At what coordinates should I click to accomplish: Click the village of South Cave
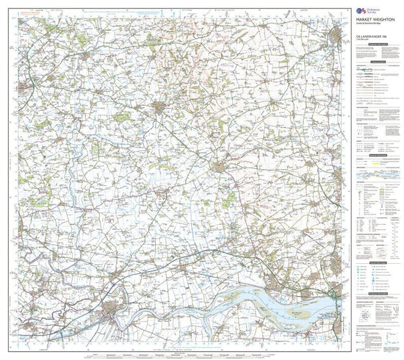coord(264,250)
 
